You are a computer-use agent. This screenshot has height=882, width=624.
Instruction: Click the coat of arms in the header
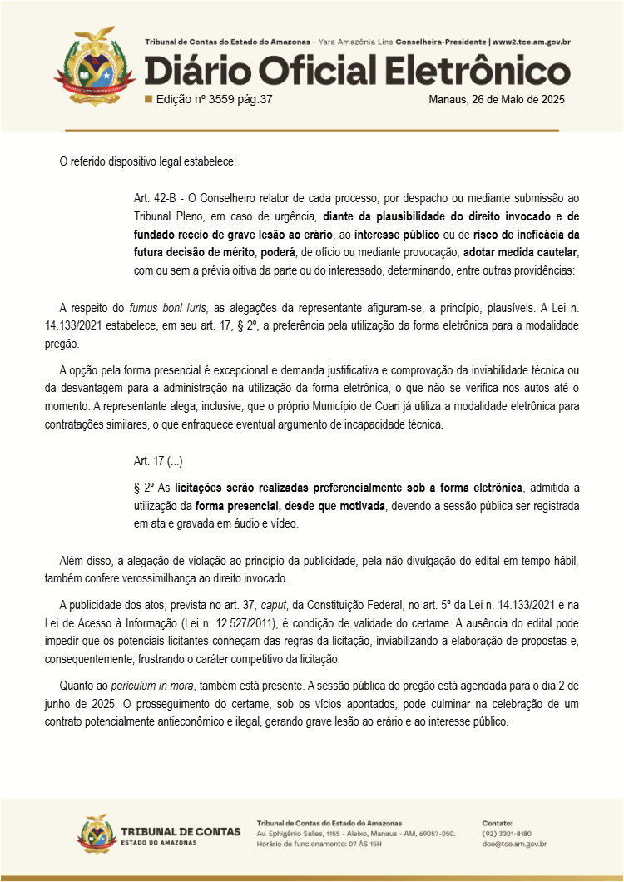click(94, 67)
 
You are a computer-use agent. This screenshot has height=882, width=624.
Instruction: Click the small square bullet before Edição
click(148, 100)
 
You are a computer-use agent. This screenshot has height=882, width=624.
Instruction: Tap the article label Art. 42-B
click(157, 198)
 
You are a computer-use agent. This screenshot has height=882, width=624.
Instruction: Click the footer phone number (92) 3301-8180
click(507, 833)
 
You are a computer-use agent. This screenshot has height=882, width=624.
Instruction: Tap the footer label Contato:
click(498, 823)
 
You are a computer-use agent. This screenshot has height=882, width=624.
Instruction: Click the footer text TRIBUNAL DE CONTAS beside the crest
click(181, 831)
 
